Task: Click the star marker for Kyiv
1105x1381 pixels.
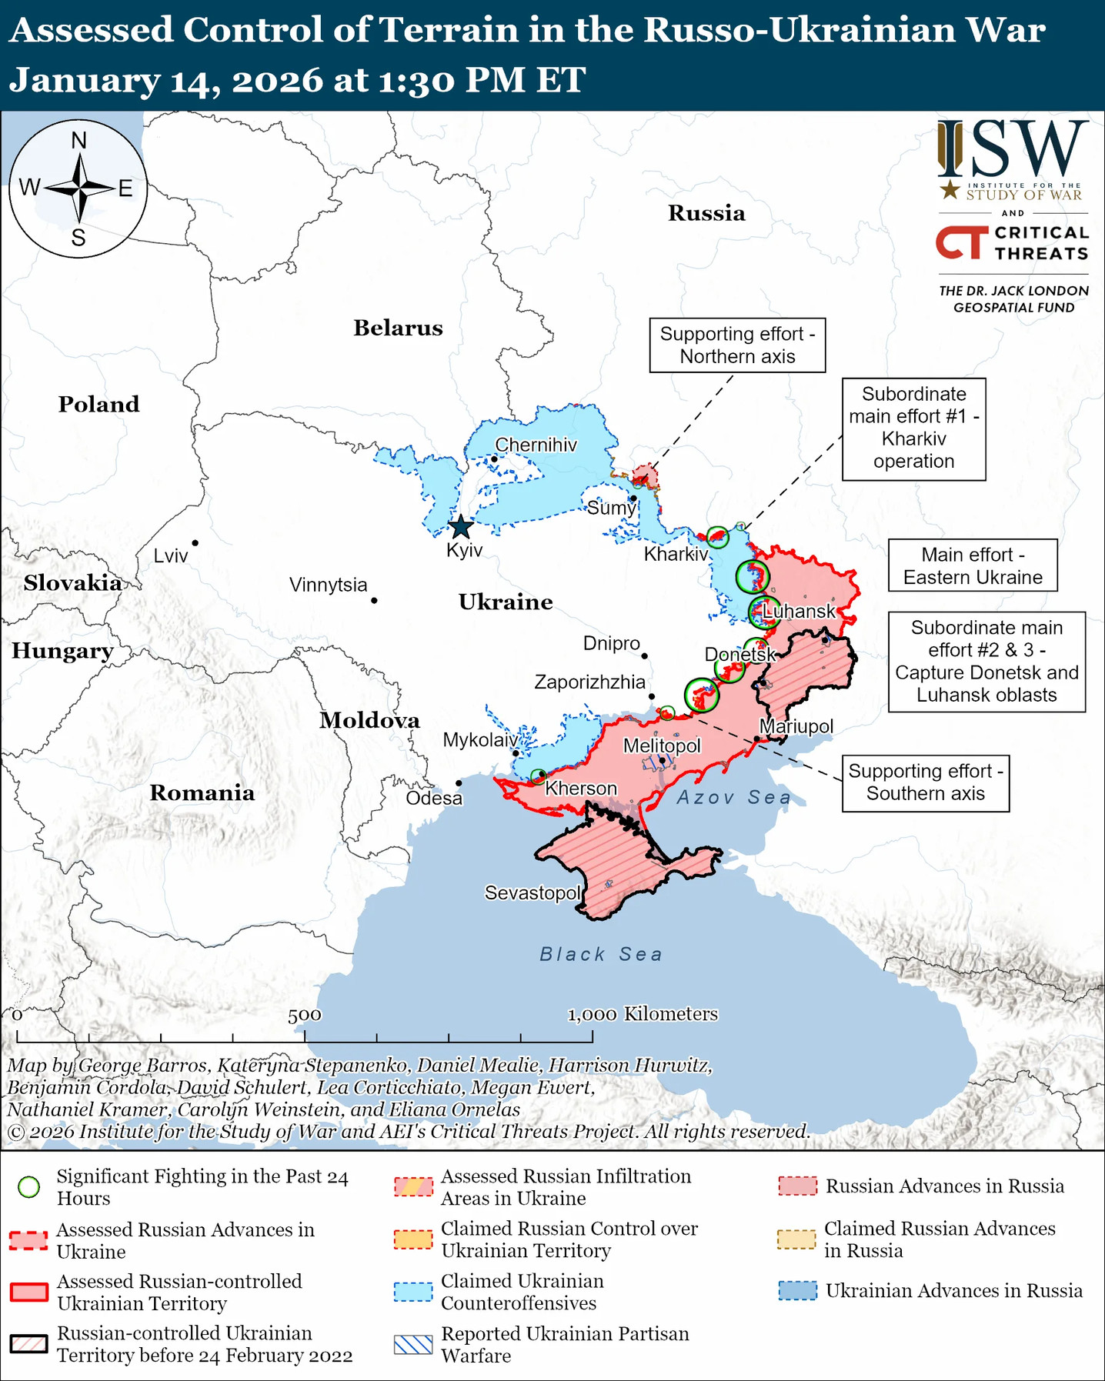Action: coord(460,527)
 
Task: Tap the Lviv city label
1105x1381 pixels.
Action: coord(171,555)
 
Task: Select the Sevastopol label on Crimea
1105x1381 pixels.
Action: coord(532,892)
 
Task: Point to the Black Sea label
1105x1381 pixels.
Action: coord(600,954)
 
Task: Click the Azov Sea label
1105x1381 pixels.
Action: coord(733,797)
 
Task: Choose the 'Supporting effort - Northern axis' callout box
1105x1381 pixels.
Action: coord(737,345)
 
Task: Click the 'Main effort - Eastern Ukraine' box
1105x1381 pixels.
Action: coord(973,565)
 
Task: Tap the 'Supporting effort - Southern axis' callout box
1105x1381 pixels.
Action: coord(925,782)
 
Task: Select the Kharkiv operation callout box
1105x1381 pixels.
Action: coord(913,429)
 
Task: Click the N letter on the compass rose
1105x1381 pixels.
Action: coord(78,141)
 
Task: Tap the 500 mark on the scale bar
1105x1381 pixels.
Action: coord(305,1016)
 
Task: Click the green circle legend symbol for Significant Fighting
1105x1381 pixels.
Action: coord(29,1187)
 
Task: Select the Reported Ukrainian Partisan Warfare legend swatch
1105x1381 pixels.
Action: coord(413,1344)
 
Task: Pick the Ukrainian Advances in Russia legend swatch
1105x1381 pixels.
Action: coord(797,1290)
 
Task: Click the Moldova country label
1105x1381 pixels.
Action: coord(369,720)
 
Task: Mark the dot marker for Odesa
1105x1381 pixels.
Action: coord(459,783)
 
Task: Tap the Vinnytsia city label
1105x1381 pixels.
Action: coord(329,585)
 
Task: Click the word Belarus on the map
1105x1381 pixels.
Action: coord(398,328)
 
